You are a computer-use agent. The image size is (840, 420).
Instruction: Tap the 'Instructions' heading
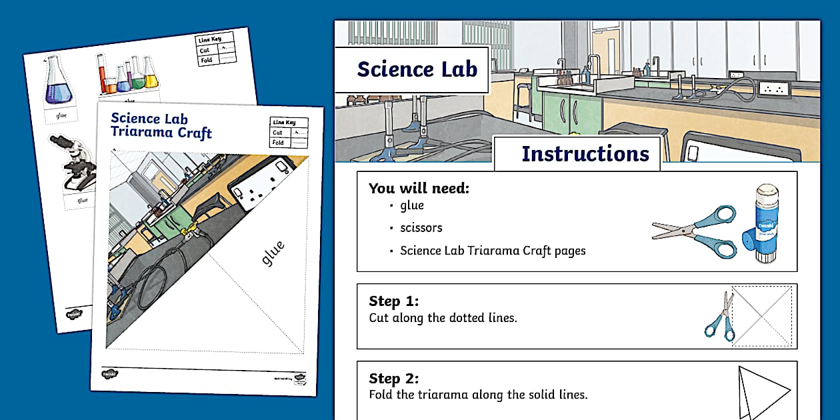tap(584, 154)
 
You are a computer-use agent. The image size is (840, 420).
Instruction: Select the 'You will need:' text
tap(419, 189)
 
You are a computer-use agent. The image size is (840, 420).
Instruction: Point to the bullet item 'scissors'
tap(421, 228)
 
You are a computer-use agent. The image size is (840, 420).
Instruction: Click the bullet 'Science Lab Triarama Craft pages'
tap(493, 251)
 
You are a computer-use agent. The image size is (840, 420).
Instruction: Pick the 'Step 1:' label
tap(393, 301)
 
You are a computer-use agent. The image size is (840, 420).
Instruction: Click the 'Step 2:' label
tap(393, 379)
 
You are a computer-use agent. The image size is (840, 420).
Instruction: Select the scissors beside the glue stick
tap(694, 231)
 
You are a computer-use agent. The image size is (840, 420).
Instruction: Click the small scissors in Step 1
tap(720, 317)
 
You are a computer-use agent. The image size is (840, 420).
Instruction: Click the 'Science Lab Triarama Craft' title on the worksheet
tap(161, 125)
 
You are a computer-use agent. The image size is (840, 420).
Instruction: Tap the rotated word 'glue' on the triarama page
tap(273, 253)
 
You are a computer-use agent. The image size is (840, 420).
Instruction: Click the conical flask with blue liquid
tap(58, 83)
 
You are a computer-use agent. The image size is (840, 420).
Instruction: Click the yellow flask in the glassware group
tap(151, 75)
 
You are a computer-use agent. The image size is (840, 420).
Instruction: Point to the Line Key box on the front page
tap(289, 133)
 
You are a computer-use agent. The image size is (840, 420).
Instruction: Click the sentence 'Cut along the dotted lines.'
tap(443, 318)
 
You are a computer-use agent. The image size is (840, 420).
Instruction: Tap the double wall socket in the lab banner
tap(774, 88)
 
